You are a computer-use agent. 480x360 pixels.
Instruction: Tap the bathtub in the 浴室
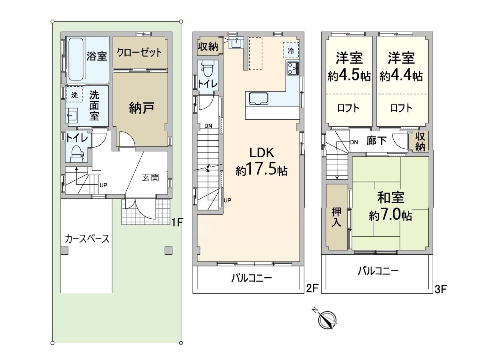pos(75,59)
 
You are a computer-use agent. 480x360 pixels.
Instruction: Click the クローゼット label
pos(139,52)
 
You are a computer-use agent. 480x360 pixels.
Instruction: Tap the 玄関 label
pos(150,178)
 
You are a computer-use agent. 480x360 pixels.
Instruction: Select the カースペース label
pos(87,239)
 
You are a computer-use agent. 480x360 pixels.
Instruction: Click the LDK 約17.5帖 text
pos(261,162)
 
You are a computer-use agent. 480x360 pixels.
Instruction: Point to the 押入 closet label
pos(336,217)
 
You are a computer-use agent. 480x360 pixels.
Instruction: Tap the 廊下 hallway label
pos(376,141)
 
